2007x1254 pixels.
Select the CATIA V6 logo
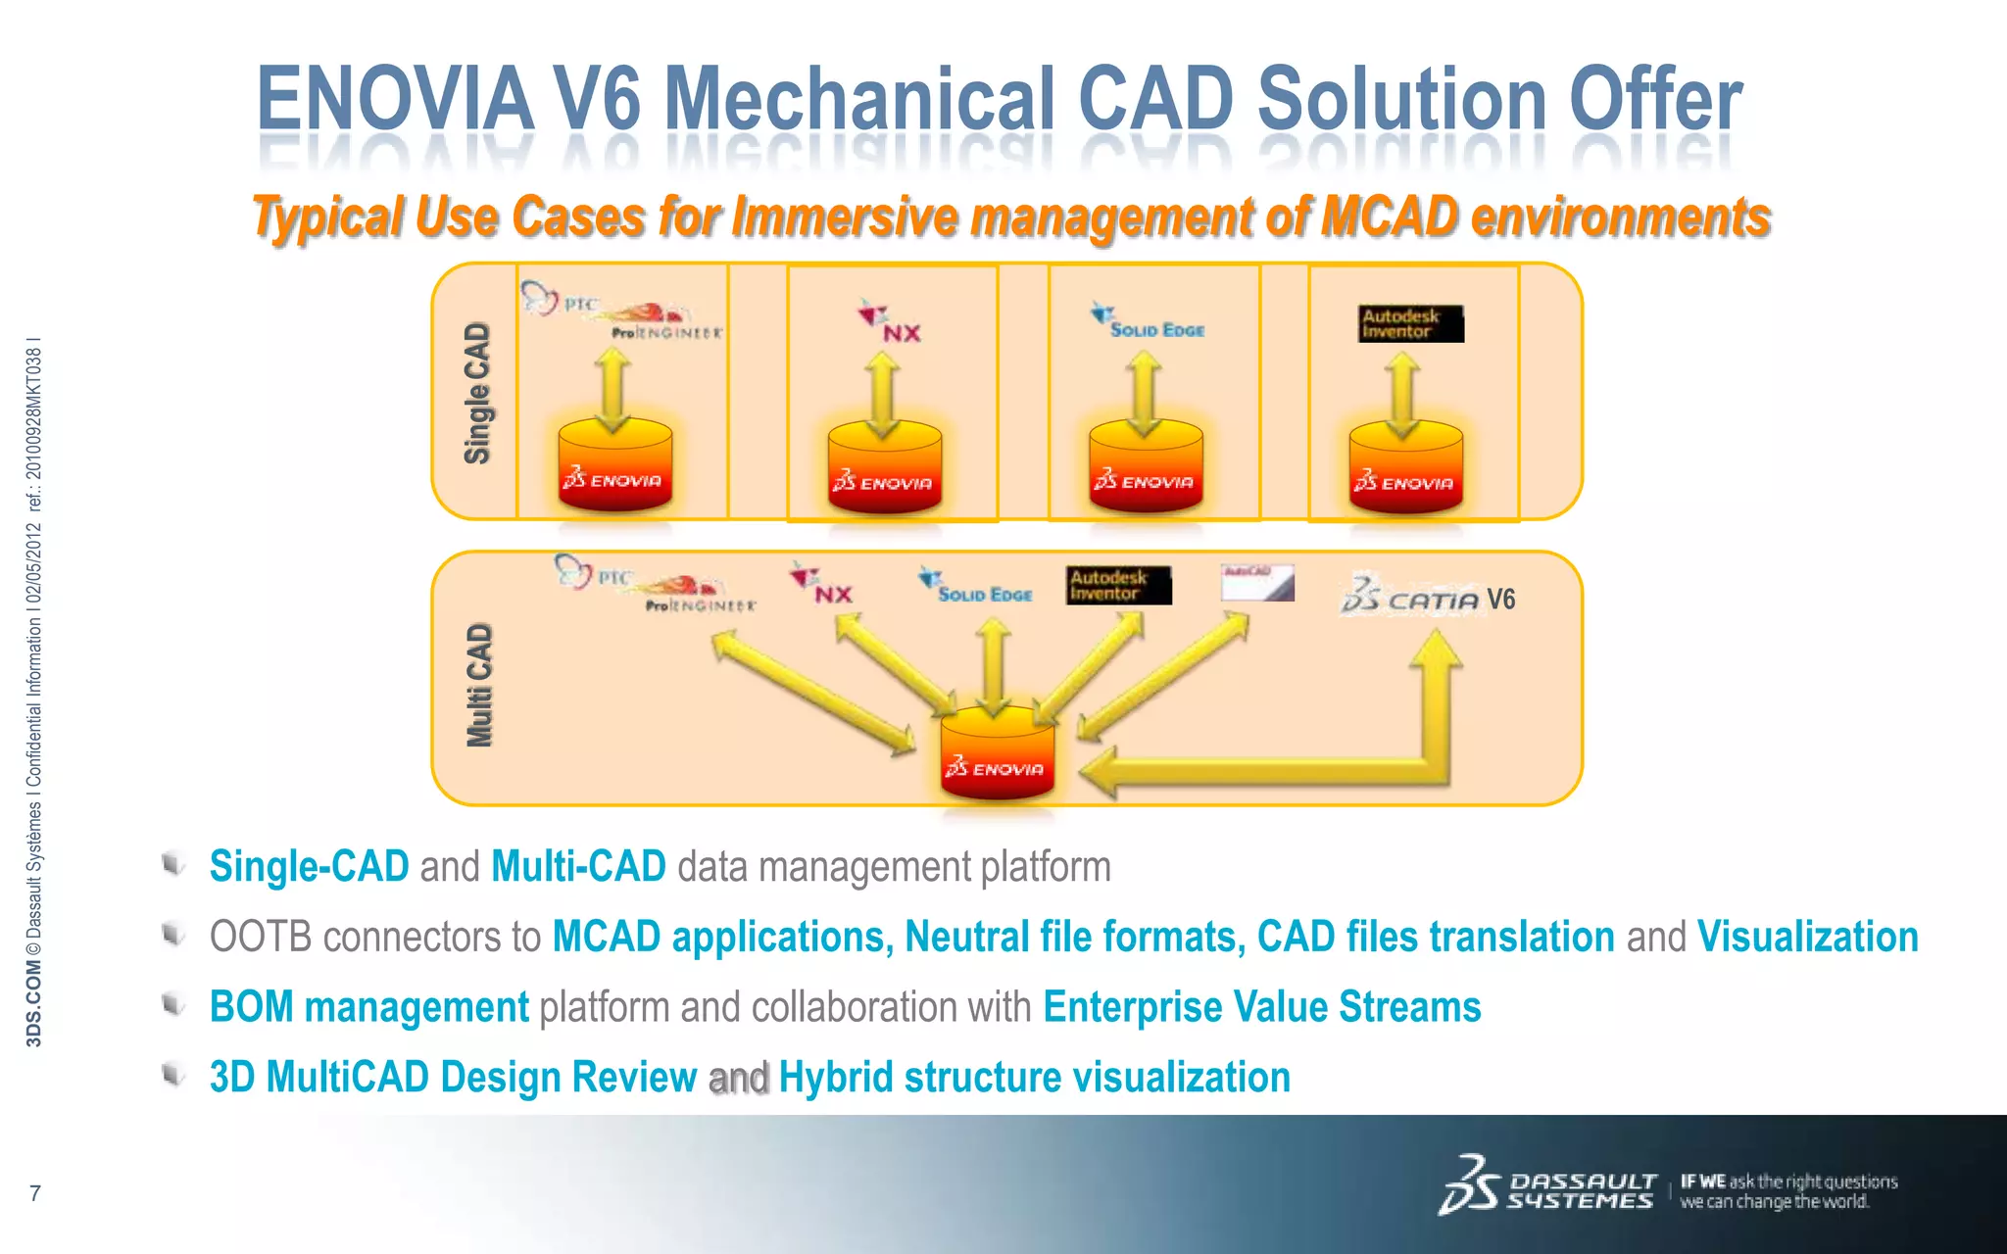(1427, 597)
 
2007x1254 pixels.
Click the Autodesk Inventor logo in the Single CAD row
(1410, 323)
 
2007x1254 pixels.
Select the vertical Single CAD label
(476, 393)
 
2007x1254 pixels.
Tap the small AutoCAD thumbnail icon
(1257, 583)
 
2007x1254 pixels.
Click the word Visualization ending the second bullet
(1807, 937)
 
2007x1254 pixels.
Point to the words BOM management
(368, 1007)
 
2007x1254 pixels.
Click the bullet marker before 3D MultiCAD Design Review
(173, 1075)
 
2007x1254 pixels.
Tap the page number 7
(35, 1193)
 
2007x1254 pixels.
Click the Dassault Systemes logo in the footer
(1547, 1187)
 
